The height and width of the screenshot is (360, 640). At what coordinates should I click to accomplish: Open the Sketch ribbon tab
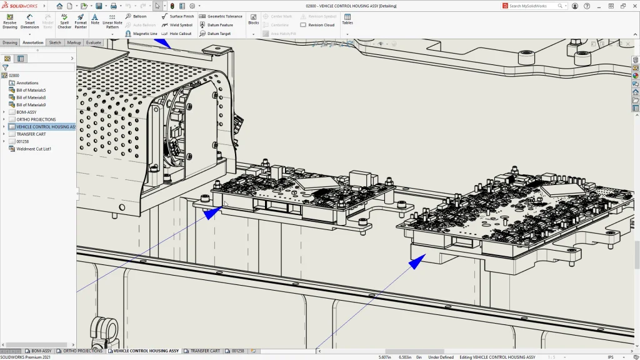coord(55,42)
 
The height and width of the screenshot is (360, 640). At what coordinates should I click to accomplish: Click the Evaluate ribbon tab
coord(94,42)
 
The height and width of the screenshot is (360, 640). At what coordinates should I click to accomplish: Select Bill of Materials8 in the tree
coord(31,97)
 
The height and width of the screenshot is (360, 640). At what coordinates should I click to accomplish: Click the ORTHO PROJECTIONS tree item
coord(36,119)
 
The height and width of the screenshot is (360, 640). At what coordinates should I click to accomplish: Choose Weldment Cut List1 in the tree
coord(34,149)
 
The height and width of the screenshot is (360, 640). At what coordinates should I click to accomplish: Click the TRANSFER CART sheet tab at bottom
coord(204,351)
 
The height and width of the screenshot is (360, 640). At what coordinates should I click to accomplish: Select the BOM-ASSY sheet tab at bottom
coord(41,351)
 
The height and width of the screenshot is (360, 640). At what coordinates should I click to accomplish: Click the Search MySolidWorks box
coord(531,6)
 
